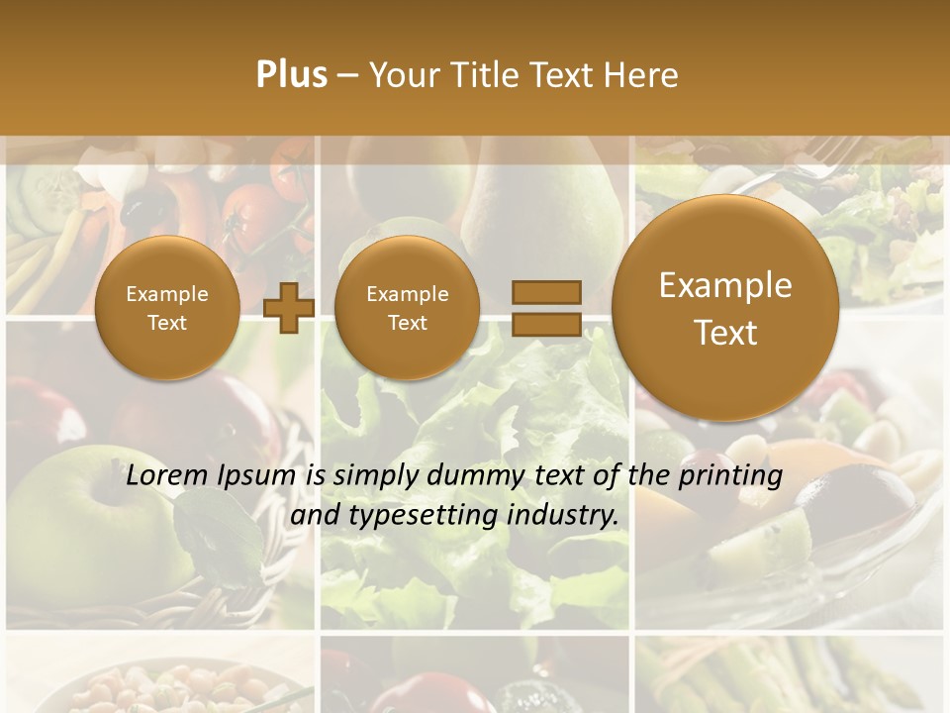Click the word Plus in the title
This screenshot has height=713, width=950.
291,75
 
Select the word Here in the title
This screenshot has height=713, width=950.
640,75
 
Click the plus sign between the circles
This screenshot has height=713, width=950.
289,308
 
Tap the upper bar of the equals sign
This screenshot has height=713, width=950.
545,292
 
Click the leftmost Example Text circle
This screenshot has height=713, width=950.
166,308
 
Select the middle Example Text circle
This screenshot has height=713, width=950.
407,308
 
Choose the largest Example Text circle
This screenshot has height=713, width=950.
725,308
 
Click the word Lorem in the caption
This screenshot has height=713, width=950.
165,475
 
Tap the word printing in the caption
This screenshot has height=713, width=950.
731,476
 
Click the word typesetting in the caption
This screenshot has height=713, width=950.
424,516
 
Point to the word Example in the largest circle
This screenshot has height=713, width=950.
725,285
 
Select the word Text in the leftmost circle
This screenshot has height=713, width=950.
166,323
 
